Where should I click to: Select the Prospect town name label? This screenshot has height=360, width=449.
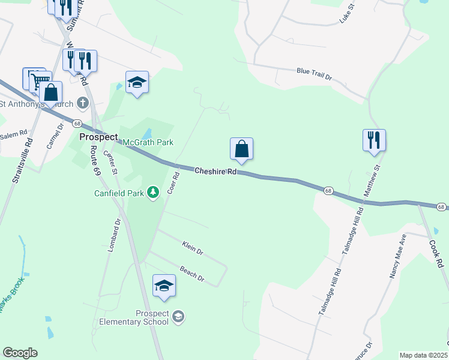[98, 137]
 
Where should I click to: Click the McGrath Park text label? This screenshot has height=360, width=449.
[148, 142]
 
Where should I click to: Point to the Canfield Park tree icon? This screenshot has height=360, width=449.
[153, 191]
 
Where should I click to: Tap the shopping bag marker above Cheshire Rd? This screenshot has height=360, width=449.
[241, 149]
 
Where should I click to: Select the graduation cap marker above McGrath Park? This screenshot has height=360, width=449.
[137, 83]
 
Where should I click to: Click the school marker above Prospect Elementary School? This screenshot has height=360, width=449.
[164, 286]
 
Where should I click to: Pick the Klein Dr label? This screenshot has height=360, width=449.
[193, 247]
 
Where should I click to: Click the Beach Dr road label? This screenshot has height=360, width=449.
[193, 274]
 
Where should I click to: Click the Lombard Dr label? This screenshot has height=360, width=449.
[114, 235]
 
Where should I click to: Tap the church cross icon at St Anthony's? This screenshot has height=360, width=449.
[82, 103]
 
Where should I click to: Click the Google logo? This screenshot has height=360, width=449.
[20, 353]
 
